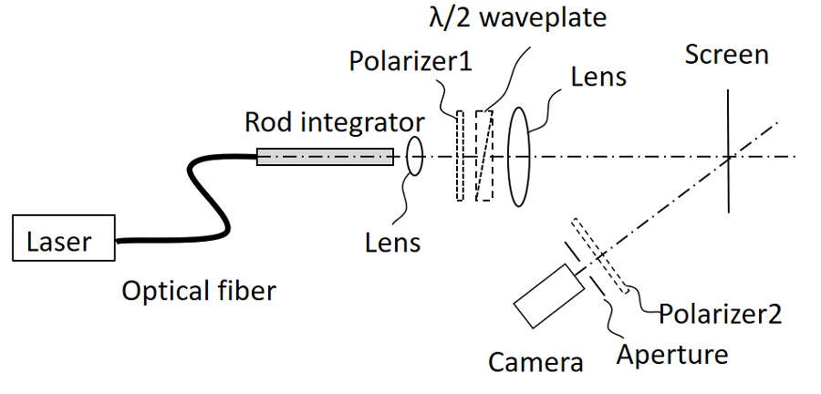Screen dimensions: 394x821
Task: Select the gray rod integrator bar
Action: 325,157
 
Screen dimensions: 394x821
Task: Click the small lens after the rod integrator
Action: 415,156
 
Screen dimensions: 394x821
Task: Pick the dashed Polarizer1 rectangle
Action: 460,155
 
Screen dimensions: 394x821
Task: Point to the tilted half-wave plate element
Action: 483,155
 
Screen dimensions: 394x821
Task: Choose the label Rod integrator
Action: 334,122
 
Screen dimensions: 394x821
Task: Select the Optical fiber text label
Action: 199,292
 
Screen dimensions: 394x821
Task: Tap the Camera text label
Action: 535,362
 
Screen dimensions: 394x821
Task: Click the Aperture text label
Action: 673,354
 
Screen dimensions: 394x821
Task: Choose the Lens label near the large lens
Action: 598,76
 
